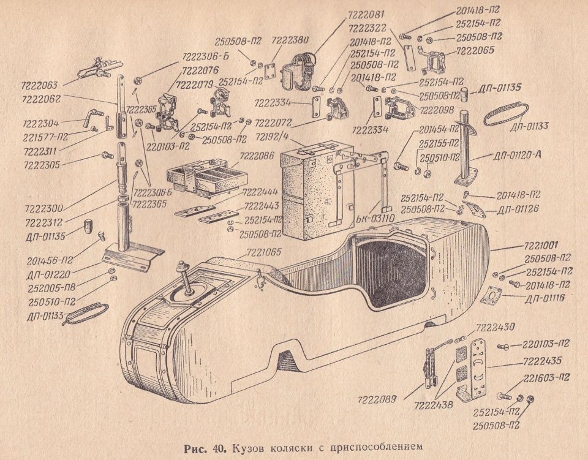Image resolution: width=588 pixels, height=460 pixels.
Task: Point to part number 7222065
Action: pos(475,53)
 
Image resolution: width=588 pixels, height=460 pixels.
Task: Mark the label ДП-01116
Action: pos(549,298)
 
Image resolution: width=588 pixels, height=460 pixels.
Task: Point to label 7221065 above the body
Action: pos(265,251)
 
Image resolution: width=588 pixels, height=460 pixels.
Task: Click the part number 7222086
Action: pos(257,156)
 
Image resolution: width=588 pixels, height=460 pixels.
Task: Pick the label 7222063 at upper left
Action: pos(39,86)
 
